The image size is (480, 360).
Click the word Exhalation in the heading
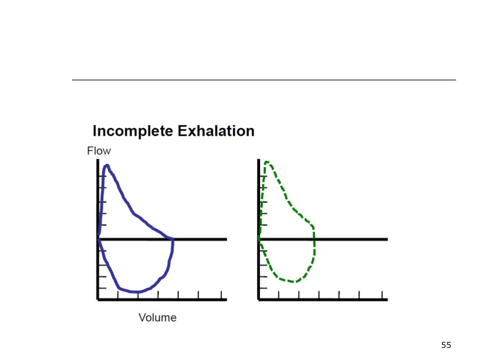(x=215, y=131)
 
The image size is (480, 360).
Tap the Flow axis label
(x=99, y=151)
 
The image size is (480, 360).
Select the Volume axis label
(x=157, y=317)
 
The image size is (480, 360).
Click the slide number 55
(x=446, y=345)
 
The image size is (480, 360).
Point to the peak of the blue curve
(x=107, y=165)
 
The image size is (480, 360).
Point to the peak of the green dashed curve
(x=267, y=162)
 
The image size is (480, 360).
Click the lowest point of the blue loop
(x=136, y=292)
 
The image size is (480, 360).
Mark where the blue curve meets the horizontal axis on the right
(x=173, y=240)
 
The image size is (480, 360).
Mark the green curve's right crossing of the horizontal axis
(x=314, y=240)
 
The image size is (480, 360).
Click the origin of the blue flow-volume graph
(x=98, y=239)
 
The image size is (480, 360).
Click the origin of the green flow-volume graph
(x=259, y=239)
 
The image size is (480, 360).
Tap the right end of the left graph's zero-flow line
(x=226, y=239)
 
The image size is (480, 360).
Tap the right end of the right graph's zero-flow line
(x=387, y=239)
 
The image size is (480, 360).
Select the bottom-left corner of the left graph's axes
(x=98, y=299)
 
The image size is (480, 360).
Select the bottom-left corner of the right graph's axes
(x=259, y=299)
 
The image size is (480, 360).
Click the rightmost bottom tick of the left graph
(x=226, y=296)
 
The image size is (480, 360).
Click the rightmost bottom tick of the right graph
(x=387, y=296)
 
